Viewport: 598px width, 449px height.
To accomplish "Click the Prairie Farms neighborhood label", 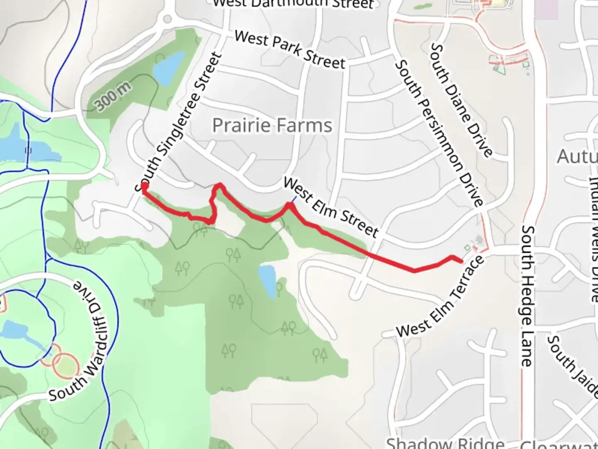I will (272, 125).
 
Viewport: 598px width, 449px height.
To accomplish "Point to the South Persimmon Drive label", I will (439, 133).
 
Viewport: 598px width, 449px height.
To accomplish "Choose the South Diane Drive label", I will (461, 100).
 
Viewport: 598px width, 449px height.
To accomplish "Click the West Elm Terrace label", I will (440, 297).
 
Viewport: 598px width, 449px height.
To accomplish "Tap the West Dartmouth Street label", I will (293, 3).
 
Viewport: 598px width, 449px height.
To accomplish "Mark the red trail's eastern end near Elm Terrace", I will (461, 261).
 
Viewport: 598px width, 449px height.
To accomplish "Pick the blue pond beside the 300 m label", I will (168, 67).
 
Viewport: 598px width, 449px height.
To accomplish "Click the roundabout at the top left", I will (167, 19).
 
